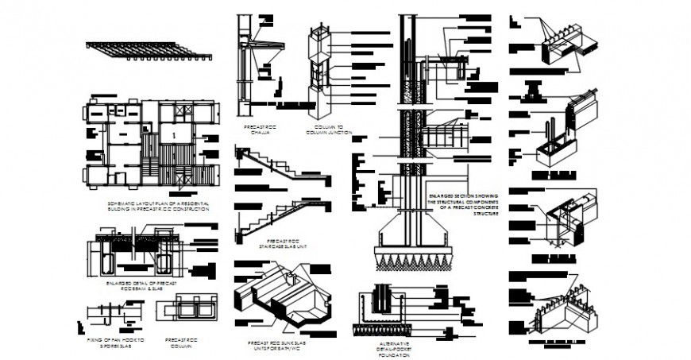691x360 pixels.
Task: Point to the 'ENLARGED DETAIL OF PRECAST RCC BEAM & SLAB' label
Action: pyautogui.click(x=140, y=285)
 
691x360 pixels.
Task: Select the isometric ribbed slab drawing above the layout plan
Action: pyautogui.click(x=149, y=50)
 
